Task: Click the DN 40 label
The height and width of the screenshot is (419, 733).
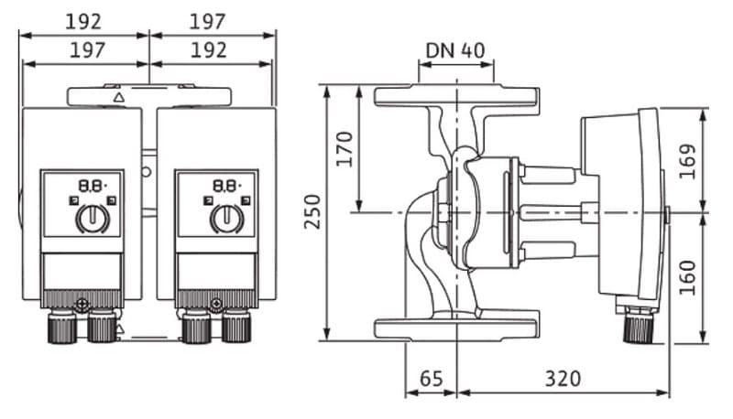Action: coord(455,49)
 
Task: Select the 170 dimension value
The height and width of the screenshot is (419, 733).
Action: coord(345,148)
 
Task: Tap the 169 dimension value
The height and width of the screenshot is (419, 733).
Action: coord(688,160)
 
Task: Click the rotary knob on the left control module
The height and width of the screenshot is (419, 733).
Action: coord(92,218)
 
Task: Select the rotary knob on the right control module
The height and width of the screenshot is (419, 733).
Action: coord(225,218)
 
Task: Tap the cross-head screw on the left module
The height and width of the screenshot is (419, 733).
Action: coord(82,303)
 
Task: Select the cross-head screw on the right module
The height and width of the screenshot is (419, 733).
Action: coord(216,303)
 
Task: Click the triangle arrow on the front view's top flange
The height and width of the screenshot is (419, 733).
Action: coord(118,96)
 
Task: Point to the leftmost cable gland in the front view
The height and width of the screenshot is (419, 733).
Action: coord(60,325)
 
